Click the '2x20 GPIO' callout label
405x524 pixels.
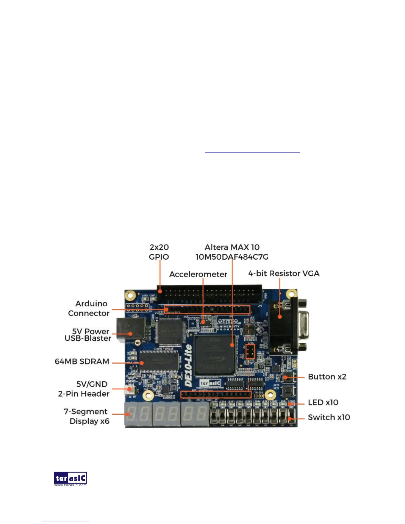159,252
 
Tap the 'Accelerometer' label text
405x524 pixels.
198,274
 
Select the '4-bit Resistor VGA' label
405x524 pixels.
284,274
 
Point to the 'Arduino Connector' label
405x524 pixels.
89,308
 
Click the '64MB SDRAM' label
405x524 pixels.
82,361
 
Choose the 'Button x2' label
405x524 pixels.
327,377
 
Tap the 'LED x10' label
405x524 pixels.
323,402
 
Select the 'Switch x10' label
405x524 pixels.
329,417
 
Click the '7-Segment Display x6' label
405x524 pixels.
87,416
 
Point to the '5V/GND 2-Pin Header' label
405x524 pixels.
84,389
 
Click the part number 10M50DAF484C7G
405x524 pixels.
232,257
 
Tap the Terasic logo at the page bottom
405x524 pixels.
70,479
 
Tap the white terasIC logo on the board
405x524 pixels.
210,383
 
